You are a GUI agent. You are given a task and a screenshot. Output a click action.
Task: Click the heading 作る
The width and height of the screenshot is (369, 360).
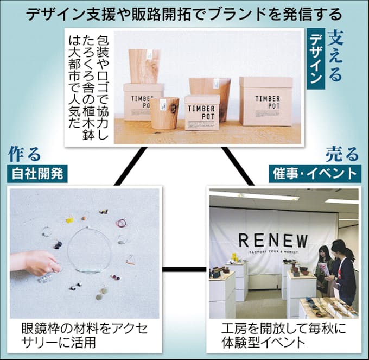pos(24,154)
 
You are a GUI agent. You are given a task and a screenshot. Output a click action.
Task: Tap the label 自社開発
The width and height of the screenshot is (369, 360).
pos(37,174)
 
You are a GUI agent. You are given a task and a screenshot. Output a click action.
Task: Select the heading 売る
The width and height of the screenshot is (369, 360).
pos(342,155)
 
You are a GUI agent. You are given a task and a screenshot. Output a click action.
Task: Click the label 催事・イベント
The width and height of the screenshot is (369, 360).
pos(315,174)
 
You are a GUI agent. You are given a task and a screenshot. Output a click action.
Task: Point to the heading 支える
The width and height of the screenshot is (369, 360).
pos(335,57)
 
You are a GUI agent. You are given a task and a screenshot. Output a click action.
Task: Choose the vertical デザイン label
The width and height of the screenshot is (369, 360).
pos(316,59)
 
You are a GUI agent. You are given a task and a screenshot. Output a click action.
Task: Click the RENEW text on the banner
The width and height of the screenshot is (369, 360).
pos(273,241)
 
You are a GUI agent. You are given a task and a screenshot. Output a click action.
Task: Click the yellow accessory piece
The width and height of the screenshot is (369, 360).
pos(69,220)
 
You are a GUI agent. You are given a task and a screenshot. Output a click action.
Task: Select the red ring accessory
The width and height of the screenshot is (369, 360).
pos(122,223)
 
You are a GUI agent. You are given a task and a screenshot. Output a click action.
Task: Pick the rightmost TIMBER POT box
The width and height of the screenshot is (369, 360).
pos(266,101)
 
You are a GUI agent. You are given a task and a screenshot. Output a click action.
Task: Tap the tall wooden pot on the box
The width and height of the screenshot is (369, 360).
pos(144,66)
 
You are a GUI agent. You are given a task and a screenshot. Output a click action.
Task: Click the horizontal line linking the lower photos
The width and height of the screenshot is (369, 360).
pos(184,269)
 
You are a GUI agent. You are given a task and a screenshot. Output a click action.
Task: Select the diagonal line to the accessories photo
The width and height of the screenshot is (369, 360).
pos(130,166)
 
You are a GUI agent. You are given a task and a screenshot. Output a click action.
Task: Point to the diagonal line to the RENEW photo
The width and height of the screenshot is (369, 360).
pos(238,166)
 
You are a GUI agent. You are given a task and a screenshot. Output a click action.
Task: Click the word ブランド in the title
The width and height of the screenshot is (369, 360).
pos(239,15)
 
